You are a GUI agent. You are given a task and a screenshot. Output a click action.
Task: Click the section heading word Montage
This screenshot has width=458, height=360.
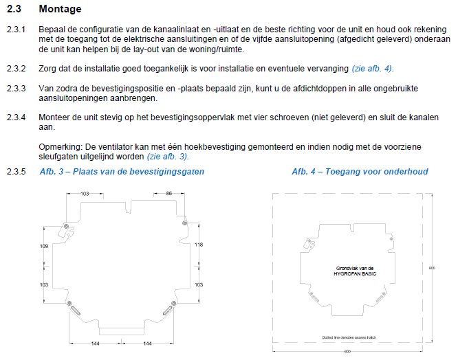click(x=60, y=9)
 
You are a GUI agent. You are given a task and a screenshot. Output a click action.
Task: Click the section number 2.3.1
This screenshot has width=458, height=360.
click(x=17, y=30)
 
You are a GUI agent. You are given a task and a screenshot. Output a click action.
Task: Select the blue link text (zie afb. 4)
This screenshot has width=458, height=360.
click(x=373, y=69)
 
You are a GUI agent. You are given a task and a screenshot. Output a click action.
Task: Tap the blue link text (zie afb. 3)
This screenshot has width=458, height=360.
click(x=168, y=157)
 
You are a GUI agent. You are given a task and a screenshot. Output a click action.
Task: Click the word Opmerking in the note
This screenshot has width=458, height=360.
click(x=61, y=147)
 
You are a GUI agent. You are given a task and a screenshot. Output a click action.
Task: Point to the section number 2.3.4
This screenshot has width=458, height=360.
click(x=17, y=117)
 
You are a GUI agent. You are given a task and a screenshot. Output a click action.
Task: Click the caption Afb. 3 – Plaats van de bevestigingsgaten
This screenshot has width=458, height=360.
click(x=122, y=172)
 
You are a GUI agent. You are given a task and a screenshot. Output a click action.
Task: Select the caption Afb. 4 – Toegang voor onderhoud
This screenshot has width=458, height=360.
click(x=360, y=172)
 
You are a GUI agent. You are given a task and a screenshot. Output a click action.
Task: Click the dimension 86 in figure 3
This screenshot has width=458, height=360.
click(x=169, y=194)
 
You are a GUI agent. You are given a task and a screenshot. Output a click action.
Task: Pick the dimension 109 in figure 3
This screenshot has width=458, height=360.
click(x=44, y=246)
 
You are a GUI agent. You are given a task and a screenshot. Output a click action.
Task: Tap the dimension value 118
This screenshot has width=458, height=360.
click(x=199, y=245)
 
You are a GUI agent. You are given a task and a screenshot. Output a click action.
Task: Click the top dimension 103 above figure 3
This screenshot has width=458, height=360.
click(x=85, y=194)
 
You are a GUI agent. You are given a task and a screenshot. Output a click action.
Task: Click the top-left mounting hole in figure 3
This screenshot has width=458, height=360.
click(x=66, y=226)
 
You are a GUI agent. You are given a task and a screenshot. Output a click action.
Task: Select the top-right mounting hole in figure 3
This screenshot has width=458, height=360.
click(x=184, y=223)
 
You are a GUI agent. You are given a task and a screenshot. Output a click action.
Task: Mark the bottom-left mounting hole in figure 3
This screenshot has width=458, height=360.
click(x=69, y=304)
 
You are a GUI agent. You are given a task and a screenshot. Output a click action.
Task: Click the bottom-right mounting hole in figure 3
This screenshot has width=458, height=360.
click(x=173, y=304)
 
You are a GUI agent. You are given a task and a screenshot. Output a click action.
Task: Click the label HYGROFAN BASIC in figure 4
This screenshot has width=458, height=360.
click(x=355, y=274)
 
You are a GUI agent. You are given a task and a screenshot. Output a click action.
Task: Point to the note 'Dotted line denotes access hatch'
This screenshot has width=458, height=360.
click(x=349, y=337)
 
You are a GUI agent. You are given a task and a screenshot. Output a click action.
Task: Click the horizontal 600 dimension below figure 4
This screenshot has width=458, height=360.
click(x=347, y=352)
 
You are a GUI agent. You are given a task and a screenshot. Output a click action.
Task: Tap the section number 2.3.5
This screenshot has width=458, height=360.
click(x=17, y=172)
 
